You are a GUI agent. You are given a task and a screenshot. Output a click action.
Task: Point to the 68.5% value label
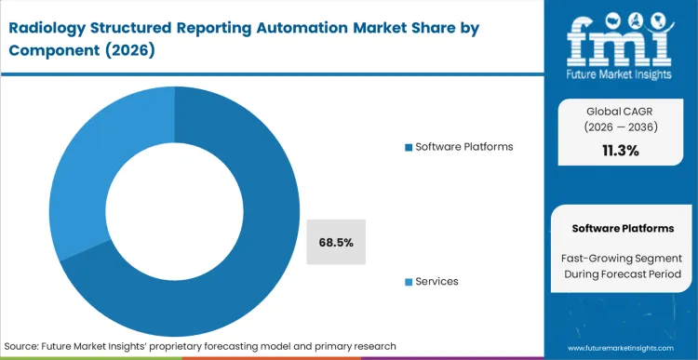pyautogui.click(x=336, y=242)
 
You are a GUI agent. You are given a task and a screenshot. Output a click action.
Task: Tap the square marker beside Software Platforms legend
pyautogui.click(x=409, y=147)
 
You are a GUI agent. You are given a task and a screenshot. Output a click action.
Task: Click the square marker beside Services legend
pyautogui.click(x=409, y=282)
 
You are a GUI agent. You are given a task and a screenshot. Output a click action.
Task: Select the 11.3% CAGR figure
pyautogui.click(x=620, y=150)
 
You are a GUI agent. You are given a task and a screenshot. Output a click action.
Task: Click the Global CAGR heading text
pyautogui.click(x=620, y=110)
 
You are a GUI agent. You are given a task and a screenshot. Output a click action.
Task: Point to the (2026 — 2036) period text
pyautogui.click(x=620, y=127)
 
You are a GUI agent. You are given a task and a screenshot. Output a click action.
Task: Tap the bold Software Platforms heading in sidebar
pyautogui.click(x=620, y=228)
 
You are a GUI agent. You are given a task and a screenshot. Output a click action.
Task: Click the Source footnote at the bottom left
pyautogui.click(x=201, y=346)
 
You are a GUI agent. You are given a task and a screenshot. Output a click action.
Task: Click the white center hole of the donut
pyautogui.click(x=174, y=201)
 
